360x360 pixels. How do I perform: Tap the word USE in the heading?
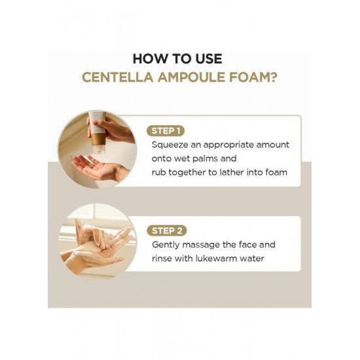click(209, 59)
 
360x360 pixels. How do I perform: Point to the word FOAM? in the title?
click(253, 77)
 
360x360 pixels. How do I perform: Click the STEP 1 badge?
click(166, 131)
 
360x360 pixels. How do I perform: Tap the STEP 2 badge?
click(167, 231)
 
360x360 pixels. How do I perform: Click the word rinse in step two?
click(162, 259)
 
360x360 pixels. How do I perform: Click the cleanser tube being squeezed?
click(98, 131)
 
